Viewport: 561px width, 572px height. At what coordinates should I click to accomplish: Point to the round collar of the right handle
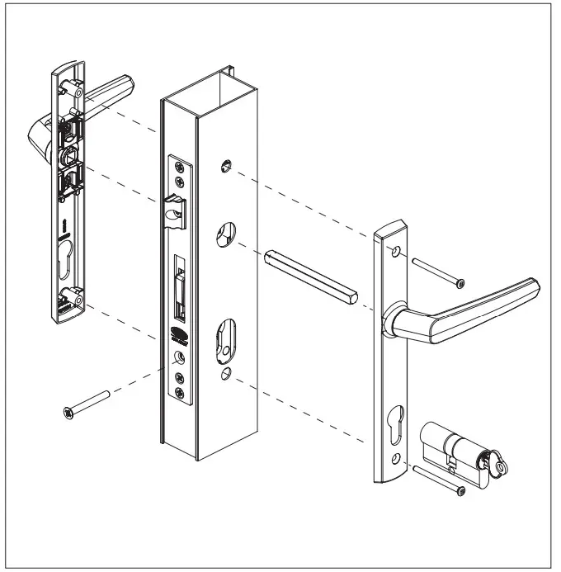394,319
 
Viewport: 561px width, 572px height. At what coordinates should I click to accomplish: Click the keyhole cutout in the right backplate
398,421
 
